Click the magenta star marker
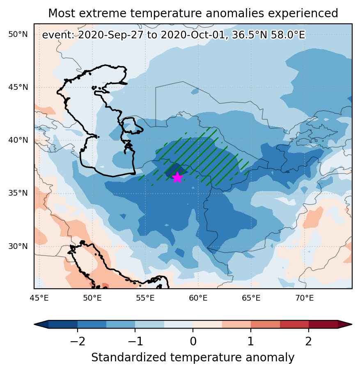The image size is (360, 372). pyautogui.click(x=177, y=177)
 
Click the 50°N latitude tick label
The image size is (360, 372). pyautogui.click(x=18, y=34)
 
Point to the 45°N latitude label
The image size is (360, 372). pyautogui.click(x=18, y=87)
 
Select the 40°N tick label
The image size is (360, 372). pyautogui.click(x=18, y=140)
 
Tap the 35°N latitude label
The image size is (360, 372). pyautogui.click(x=18, y=193)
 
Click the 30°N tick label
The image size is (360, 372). pyautogui.click(x=18, y=246)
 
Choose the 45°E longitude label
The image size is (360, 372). pyautogui.click(x=39, y=298)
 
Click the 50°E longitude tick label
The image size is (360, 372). pyautogui.click(x=92, y=298)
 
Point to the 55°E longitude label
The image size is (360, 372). pyautogui.click(x=145, y=298)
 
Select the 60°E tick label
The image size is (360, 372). pyautogui.click(x=198, y=298)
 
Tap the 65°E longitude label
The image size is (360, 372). pyautogui.click(x=251, y=298)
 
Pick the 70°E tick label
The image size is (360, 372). pyautogui.click(x=305, y=298)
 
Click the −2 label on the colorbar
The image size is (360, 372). pyautogui.click(x=78, y=341)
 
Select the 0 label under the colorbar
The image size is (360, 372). pyautogui.click(x=193, y=341)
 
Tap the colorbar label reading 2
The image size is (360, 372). pyautogui.click(x=308, y=341)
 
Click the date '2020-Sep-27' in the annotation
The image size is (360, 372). pyautogui.click(x=111, y=35)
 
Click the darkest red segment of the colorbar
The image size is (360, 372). pyautogui.click(x=323, y=324)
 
